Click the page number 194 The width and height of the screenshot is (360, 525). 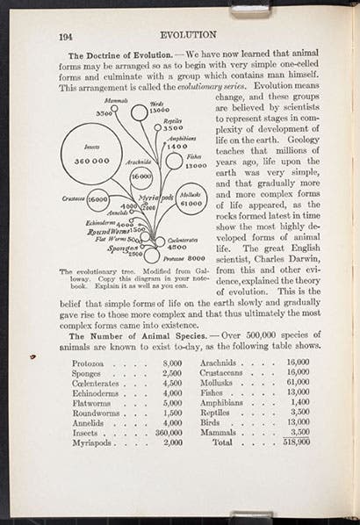(x=66, y=36)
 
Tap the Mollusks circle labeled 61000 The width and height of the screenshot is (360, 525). (x=191, y=198)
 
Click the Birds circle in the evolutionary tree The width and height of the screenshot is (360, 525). (x=140, y=112)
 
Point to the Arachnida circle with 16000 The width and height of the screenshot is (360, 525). (x=140, y=175)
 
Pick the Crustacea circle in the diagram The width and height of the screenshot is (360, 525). (x=97, y=199)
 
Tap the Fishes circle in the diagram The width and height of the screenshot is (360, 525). (x=175, y=161)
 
